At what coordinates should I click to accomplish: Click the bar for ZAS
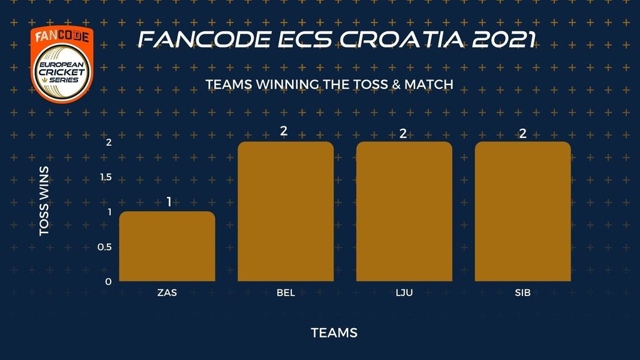(x=167, y=246)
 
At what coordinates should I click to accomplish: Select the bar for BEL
(x=286, y=211)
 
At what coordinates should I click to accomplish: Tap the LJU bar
(x=404, y=211)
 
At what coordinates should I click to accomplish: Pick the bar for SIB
(x=523, y=211)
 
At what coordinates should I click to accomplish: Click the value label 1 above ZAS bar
(x=169, y=202)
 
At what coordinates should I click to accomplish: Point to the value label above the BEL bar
(x=284, y=131)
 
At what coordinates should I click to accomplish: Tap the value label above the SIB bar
(x=523, y=134)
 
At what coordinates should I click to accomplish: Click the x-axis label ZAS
(x=167, y=292)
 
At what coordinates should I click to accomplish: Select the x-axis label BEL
(x=286, y=292)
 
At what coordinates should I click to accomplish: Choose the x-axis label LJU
(x=404, y=292)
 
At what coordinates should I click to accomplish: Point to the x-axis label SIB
(x=523, y=292)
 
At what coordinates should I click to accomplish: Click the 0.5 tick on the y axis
(x=104, y=247)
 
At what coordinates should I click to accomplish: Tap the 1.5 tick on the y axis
(x=106, y=177)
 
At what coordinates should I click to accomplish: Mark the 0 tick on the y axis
(x=108, y=282)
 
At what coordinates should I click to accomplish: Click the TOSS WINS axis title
(x=44, y=201)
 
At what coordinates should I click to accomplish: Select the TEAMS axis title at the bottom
(x=334, y=333)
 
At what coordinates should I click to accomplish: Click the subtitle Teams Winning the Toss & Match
(x=329, y=84)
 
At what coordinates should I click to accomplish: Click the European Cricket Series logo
(x=62, y=64)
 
